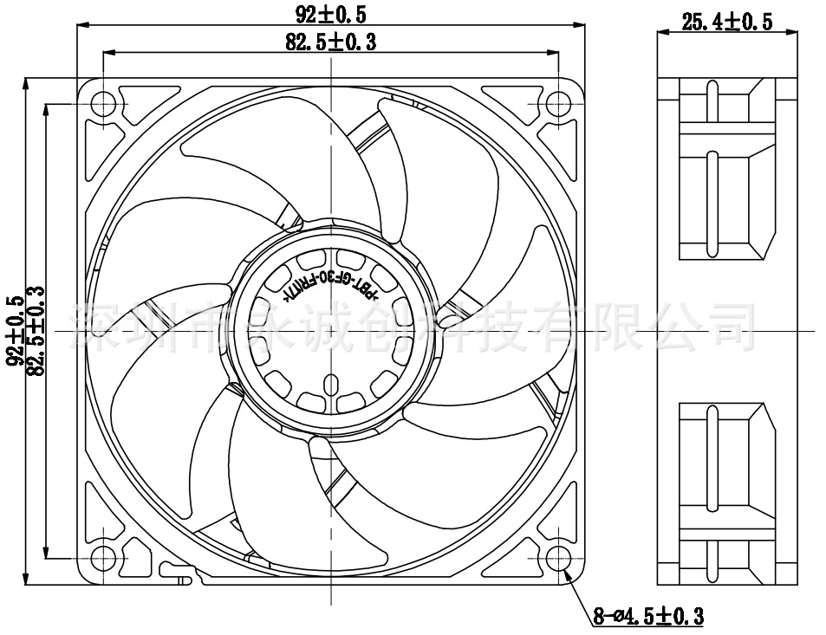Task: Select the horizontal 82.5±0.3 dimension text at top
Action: [330, 41]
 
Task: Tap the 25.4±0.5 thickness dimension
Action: [726, 23]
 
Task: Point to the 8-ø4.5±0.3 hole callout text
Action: [647, 617]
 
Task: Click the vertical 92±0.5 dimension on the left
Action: [15, 332]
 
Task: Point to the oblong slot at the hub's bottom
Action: [330, 386]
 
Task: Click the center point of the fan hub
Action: [330, 333]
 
